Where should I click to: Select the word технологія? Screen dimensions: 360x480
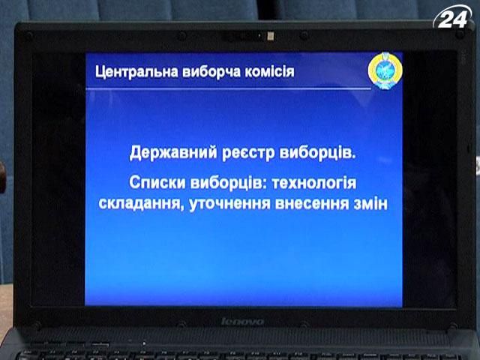pos(313,184)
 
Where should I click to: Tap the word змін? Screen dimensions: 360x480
pos(370,203)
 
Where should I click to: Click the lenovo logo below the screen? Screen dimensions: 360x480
pos(242,322)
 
